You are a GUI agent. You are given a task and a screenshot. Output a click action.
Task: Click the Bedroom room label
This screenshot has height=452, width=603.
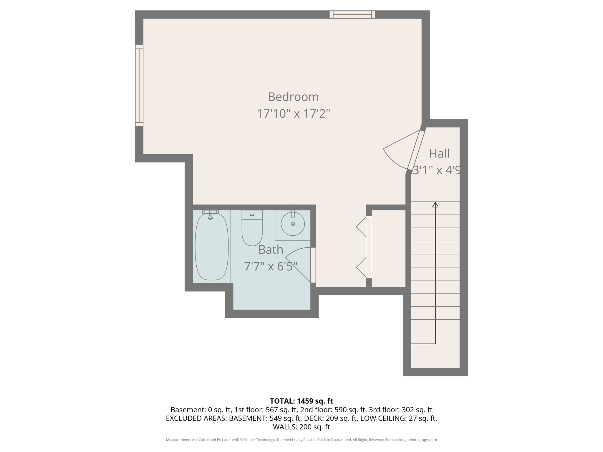[x=293, y=97]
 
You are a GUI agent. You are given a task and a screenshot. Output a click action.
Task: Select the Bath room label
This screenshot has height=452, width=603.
[x=271, y=250]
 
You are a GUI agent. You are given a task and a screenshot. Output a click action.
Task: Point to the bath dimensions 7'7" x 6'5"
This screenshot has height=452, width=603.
[x=271, y=267]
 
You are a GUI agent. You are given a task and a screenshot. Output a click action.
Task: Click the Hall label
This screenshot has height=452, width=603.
[x=439, y=154]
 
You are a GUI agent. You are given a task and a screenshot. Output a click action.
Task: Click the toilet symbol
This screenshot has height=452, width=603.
[x=252, y=231]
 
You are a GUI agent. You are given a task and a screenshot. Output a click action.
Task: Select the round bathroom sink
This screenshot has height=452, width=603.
[x=293, y=224]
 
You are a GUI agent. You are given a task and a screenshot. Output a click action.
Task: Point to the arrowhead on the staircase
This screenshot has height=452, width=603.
[x=435, y=205]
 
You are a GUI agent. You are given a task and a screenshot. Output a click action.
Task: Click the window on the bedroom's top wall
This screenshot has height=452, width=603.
[x=352, y=14]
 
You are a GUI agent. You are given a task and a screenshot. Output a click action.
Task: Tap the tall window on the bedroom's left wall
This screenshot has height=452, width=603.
[x=139, y=86]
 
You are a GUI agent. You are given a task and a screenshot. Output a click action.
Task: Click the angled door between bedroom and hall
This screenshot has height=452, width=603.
[x=415, y=150]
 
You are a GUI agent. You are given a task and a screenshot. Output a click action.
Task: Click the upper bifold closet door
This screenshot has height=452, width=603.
[x=362, y=227]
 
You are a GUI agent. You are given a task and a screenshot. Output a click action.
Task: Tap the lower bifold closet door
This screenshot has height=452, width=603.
[x=362, y=267]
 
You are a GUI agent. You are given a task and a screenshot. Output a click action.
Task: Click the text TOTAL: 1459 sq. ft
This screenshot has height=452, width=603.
[x=301, y=401]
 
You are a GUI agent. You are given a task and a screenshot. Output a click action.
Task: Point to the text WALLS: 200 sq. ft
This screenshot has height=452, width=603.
[x=301, y=427]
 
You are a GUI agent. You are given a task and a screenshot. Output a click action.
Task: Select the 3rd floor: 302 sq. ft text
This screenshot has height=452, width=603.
[x=400, y=410]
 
